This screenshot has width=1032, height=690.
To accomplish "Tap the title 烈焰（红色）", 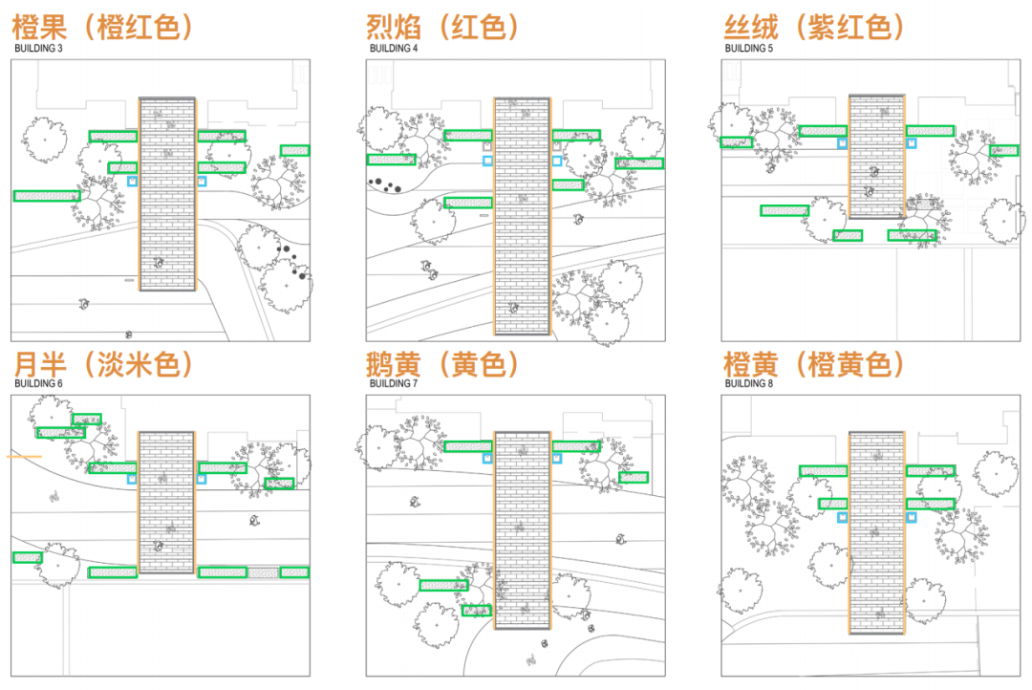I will tap(443, 26).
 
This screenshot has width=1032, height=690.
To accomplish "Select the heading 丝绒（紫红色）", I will tap(812, 26).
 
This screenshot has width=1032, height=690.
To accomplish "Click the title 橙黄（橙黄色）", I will tap(812, 363).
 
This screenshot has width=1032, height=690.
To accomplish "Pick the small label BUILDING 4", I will tap(393, 48).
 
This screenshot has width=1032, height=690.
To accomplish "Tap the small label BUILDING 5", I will tap(749, 48).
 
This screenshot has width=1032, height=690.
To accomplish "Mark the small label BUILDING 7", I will tap(393, 384).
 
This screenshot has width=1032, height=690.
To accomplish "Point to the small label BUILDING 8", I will tap(749, 384).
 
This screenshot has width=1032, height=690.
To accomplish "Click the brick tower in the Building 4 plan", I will tap(522, 216).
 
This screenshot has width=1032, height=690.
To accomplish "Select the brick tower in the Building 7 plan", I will tap(522, 530).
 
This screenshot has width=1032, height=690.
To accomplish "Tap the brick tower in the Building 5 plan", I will tap(877, 158).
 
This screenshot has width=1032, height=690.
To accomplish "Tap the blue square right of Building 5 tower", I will tap(912, 143).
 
